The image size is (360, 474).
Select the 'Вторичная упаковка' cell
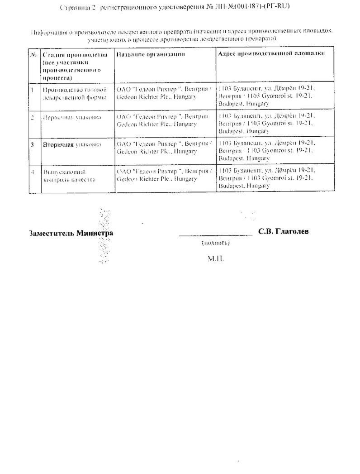click(71, 145)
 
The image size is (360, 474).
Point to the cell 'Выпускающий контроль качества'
click(68, 175)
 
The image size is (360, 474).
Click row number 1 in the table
click(33, 89)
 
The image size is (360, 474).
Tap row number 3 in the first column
click(33, 145)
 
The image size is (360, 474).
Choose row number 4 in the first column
click(33, 172)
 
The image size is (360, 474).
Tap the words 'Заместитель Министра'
click(71, 234)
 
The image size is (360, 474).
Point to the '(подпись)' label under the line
click(216, 244)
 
